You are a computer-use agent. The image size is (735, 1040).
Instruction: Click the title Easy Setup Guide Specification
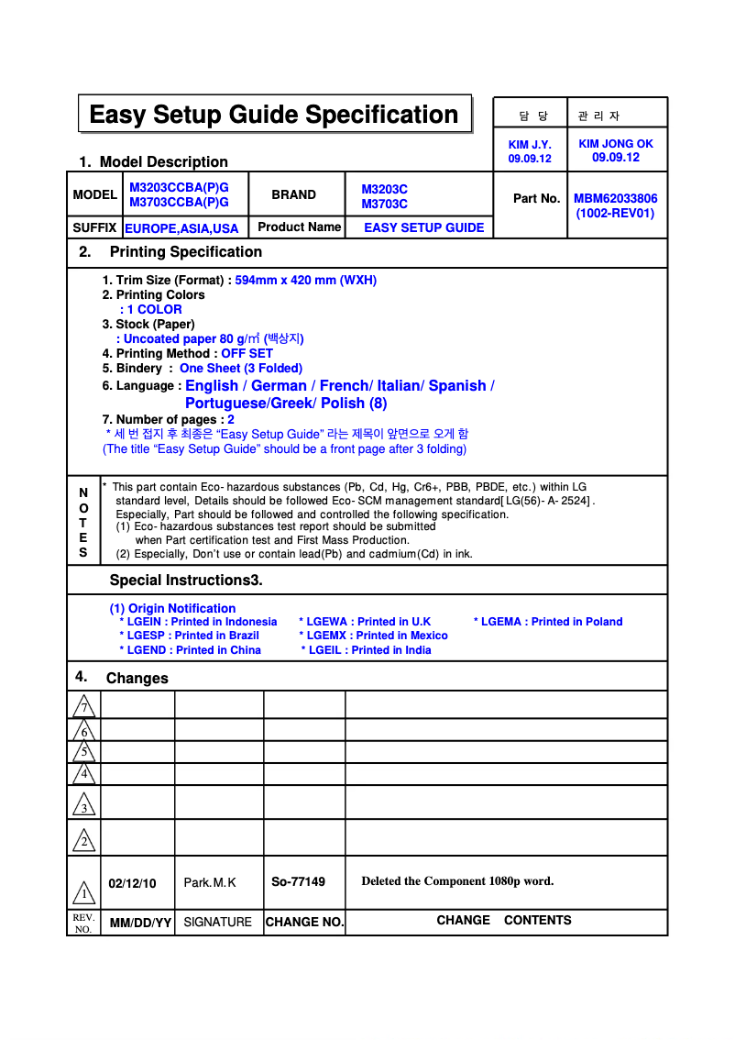274,115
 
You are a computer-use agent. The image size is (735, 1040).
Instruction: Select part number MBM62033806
615,198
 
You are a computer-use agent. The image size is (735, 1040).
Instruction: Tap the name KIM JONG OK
616,144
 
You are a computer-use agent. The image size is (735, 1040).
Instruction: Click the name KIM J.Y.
530,145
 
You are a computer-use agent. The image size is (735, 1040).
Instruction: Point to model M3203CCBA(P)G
179,188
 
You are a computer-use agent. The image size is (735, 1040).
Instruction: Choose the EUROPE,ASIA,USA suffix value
181,228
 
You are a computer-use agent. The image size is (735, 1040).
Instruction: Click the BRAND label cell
293,194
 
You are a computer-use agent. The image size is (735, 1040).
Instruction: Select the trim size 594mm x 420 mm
305,281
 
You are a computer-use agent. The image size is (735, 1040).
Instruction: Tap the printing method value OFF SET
247,354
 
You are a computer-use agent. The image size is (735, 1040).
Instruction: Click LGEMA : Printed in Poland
548,622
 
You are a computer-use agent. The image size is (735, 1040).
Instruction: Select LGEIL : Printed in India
366,650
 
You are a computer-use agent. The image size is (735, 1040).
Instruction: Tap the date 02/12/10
132,884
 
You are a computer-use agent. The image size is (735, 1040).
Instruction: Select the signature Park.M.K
210,883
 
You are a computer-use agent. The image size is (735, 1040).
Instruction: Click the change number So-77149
298,882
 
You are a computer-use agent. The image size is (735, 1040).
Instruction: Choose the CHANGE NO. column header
304,923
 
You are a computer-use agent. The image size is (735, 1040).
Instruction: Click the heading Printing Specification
185,252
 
